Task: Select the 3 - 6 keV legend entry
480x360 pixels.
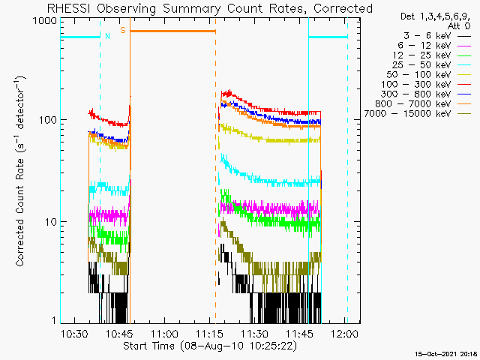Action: (x=437, y=36)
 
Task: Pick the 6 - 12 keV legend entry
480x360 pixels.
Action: (x=434, y=46)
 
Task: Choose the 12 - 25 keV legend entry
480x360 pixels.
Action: (x=432, y=55)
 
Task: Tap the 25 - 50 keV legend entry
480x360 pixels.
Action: (x=432, y=65)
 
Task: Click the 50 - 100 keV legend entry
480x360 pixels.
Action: (x=429, y=75)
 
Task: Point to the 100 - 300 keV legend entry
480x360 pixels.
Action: (x=426, y=85)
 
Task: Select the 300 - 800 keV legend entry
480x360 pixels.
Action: (x=426, y=94)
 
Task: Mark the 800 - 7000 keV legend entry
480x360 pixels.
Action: (x=423, y=104)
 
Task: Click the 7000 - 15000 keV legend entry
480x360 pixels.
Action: (x=418, y=114)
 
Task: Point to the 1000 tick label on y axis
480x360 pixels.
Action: (x=45, y=21)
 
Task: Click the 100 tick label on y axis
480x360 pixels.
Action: (x=47, y=120)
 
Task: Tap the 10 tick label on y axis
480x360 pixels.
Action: (x=50, y=222)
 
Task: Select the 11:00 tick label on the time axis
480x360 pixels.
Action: (x=165, y=333)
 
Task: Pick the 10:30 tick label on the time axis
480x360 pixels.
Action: (x=75, y=333)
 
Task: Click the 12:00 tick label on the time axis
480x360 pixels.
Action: (x=345, y=333)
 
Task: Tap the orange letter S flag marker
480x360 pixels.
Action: (x=123, y=30)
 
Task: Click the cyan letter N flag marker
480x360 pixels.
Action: (x=107, y=36)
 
